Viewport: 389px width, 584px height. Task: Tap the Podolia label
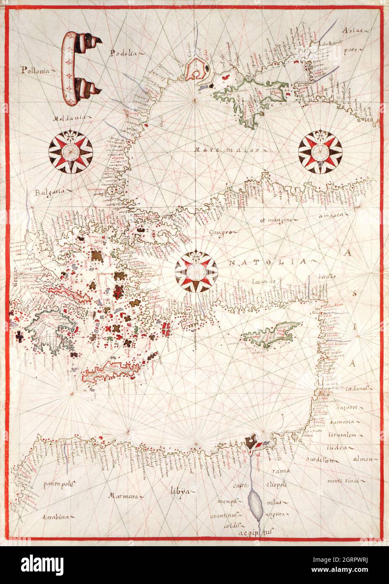point(123,53)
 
